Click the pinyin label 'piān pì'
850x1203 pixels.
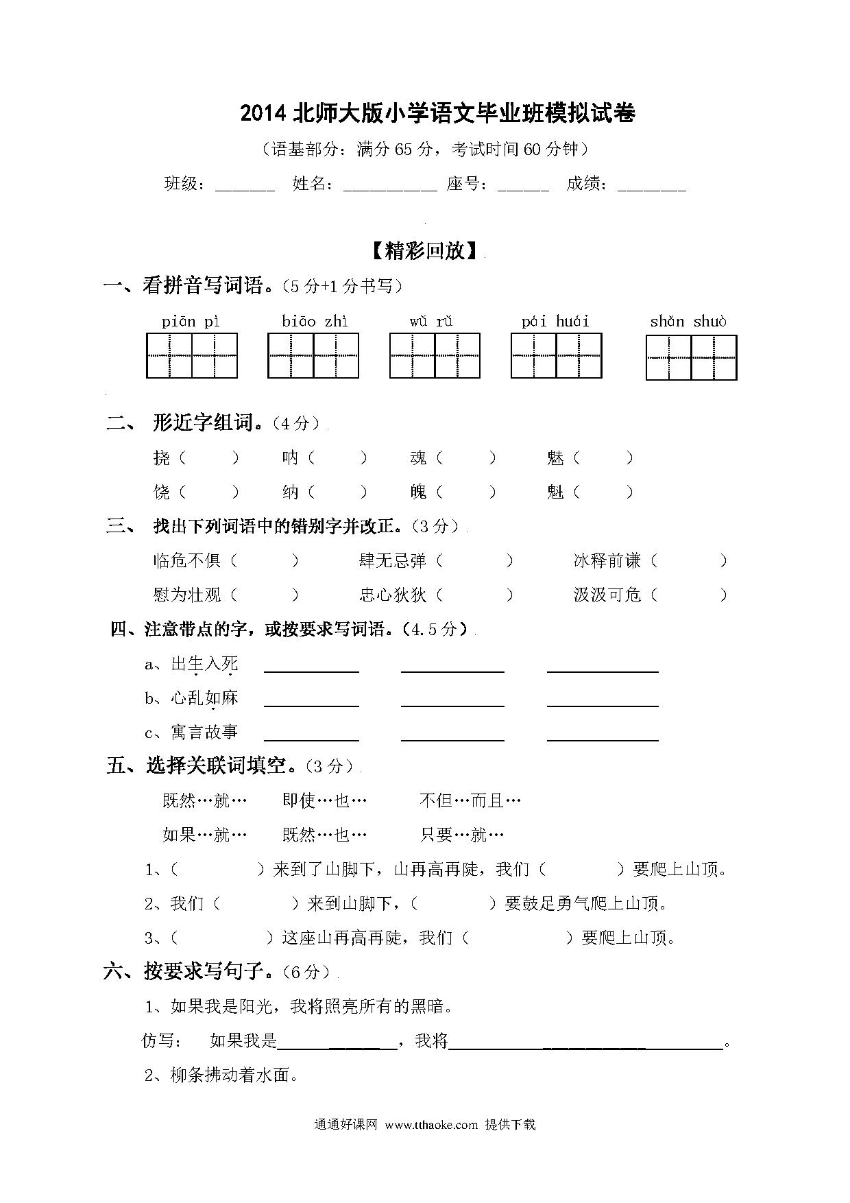click(x=191, y=322)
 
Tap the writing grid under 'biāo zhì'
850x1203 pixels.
click(x=313, y=355)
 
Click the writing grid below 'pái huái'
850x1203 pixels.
click(x=556, y=355)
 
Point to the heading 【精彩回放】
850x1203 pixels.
click(x=425, y=251)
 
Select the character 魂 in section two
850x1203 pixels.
click(x=418, y=457)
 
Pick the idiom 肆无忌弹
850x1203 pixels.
click(x=393, y=561)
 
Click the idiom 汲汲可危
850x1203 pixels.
click(x=607, y=595)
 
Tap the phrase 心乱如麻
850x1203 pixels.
click(x=204, y=698)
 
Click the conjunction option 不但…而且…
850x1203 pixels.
click(x=470, y=800)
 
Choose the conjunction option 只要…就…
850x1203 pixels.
click(x=462, y=835)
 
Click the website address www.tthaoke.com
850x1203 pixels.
click(x=431, y=1125)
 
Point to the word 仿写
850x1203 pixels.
click(x=162, y=1040)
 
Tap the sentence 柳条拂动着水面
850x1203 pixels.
click(x=234, y=1075)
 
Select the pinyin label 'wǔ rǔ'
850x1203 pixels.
click(x=431, y=322)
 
